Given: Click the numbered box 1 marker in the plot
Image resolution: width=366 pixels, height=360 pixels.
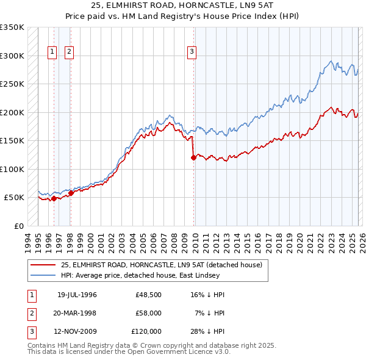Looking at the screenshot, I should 52,52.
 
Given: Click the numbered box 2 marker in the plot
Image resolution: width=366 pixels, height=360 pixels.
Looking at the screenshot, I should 70,52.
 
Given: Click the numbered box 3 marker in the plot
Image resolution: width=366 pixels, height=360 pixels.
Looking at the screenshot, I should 192,52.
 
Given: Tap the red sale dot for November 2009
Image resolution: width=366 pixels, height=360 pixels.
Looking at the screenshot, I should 193,157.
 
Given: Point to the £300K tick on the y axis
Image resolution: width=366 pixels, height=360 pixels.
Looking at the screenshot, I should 13,56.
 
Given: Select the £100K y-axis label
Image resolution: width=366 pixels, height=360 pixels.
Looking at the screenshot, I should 13,169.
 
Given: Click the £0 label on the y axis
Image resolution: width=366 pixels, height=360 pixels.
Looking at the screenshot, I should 18,226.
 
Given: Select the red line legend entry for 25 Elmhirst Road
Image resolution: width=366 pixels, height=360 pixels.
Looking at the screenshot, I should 161,265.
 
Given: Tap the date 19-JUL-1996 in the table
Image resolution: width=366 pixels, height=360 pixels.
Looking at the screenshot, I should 77,295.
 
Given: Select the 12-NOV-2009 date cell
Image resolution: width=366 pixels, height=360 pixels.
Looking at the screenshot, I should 77,331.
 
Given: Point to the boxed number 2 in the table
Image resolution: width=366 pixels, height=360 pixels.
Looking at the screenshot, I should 31,313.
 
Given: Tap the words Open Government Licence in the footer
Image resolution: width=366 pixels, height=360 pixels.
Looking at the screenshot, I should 175,351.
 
